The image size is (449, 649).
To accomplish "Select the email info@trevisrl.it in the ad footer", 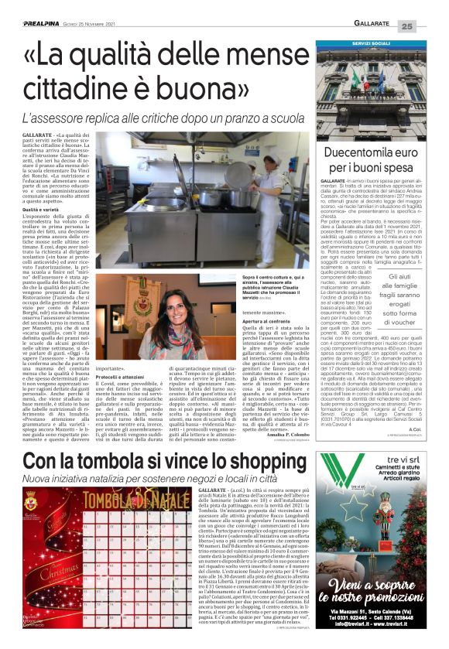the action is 352,634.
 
